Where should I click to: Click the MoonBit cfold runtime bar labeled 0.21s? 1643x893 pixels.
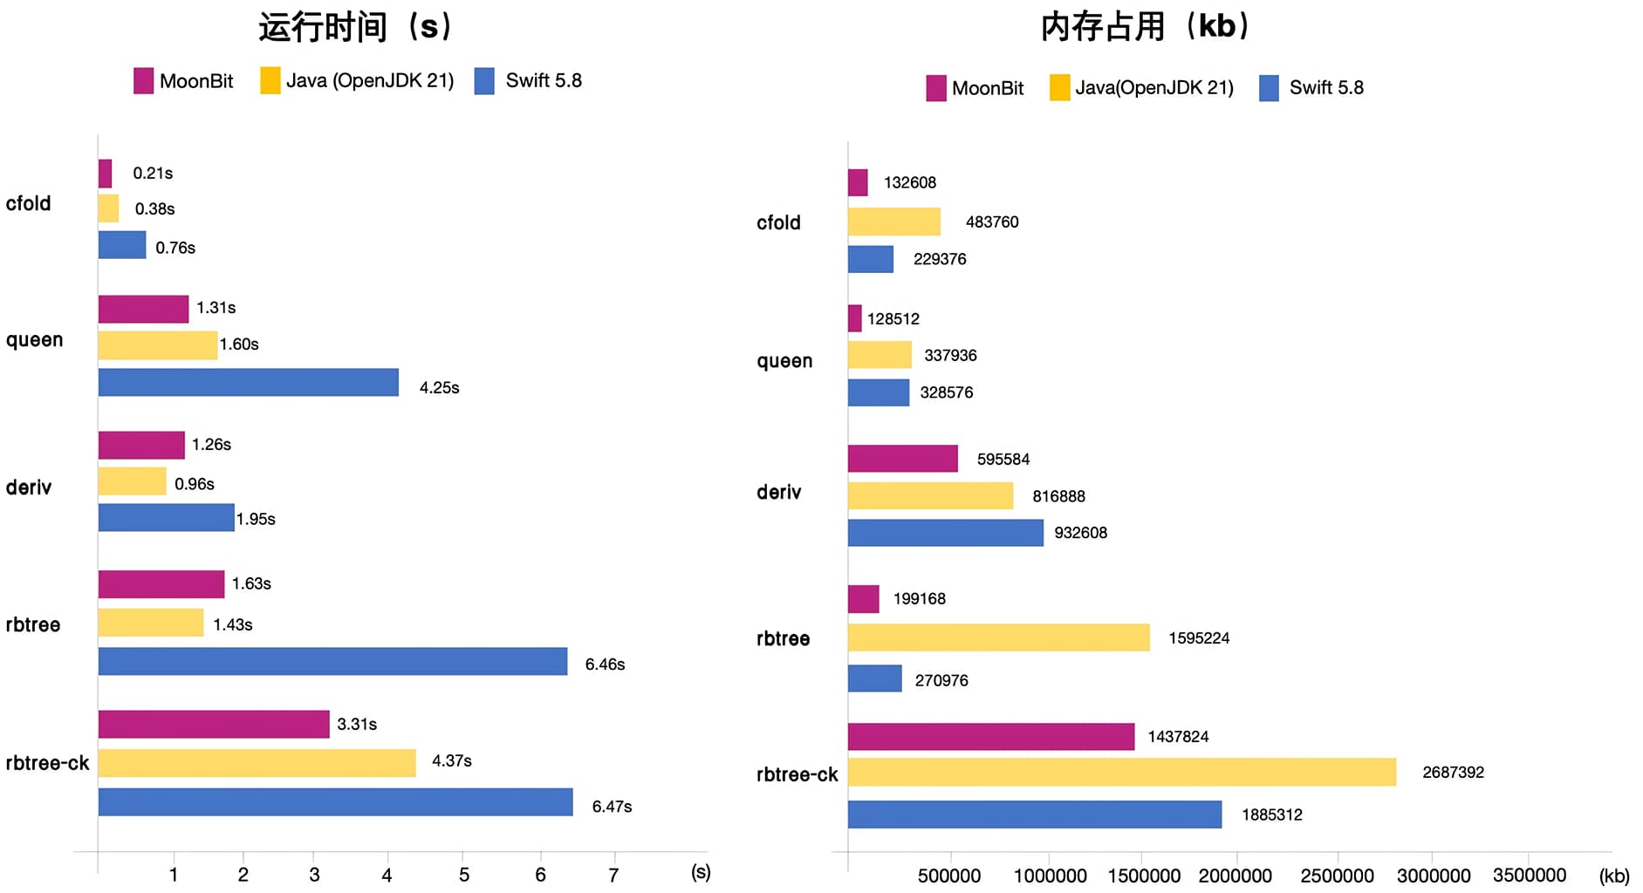pos(105,174)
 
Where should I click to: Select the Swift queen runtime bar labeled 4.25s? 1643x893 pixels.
pos(248,383)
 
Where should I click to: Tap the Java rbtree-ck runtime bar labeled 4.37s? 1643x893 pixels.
pos(257,763)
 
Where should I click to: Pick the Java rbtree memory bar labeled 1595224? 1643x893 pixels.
pos(998,637)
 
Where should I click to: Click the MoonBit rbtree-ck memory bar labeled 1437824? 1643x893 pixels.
pos(990,737)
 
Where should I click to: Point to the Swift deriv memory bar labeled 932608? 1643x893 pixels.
pos(945,533)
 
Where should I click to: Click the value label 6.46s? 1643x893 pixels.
pos(605,665)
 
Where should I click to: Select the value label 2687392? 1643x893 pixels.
pos(1453,773)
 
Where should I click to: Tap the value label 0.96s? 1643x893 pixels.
pos(194,484)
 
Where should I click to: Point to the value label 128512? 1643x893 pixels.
pos(893,319)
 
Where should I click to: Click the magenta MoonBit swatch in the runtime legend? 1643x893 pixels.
pos(143,81)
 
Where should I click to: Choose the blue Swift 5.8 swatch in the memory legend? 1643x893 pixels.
pos(1269,88)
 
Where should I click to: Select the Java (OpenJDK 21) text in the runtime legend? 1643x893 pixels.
pos(370,81)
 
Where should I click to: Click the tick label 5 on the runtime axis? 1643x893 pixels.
pos(464,875)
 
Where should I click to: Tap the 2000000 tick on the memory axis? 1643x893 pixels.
pos(1235,876)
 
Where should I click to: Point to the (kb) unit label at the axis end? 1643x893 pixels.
pos(1614,876)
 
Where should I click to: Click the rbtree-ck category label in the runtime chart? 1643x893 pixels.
pos(47,763)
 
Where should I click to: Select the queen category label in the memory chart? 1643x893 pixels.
pos(784,361)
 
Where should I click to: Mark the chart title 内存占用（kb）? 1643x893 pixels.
pos(1146,27)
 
